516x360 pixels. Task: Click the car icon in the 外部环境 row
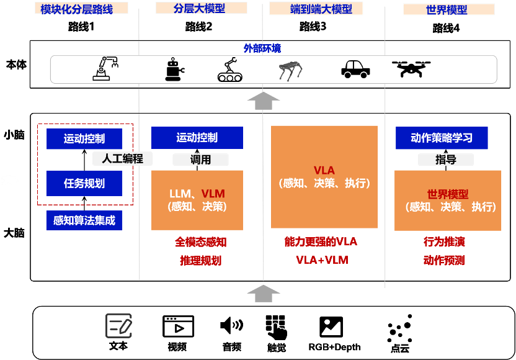(355, 69)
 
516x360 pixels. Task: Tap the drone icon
(411, 68)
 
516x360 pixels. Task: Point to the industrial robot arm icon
(105, 68)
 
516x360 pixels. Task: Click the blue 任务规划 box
(84, 183)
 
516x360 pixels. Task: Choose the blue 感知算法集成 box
(84, 220)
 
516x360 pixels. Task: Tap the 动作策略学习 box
(442, 138)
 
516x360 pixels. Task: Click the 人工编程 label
(122, 159)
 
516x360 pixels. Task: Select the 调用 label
(200, 160)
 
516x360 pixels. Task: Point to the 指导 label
(445, 160)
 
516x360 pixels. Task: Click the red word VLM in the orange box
(213, 193)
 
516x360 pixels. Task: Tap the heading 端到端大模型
(321, 9)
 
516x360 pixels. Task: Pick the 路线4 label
(446, 29)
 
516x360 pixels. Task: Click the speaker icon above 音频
(232, 325)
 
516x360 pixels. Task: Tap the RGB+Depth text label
(334, 347)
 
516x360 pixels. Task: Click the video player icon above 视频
(178, 326)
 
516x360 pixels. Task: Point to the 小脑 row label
(14, 135)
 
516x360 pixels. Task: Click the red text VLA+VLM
(322, 260)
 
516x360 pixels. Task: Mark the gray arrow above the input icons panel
(263, 294)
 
